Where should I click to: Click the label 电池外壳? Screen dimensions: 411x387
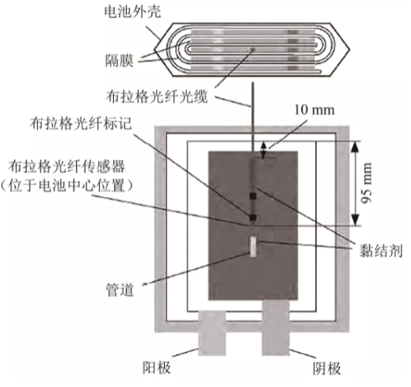click(132, 12)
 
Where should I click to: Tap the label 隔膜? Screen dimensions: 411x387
click(120, 61)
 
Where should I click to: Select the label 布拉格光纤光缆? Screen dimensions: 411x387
click(157, 97)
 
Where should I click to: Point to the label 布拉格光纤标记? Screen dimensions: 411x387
click(81, 123)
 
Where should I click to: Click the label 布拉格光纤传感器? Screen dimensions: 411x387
click(67, 167)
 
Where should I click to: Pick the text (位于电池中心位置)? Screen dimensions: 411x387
click(67, 186)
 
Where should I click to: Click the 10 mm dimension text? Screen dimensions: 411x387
click(314, 110)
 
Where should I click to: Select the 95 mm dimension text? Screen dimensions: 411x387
click(366, 183)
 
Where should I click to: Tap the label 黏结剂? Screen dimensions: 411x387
click(381, 250)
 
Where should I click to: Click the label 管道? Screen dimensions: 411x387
click(120, 290)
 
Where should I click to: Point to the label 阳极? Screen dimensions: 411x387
click(157, 367)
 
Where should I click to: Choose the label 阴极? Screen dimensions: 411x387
click(327, 368)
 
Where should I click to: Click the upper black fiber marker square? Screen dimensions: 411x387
click(253, 196)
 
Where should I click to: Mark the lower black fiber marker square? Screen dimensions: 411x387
click(253, 218)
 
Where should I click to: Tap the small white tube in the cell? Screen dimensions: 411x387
click(253, 247)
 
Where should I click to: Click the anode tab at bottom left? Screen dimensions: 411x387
click(212, 333)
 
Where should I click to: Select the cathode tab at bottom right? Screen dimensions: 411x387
click(276, 328)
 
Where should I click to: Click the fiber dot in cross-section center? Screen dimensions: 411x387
click(253, 49)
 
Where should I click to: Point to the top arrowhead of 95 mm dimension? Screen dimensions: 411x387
click(356, 146)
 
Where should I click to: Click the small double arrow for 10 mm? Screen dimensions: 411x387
click(263, 150)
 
